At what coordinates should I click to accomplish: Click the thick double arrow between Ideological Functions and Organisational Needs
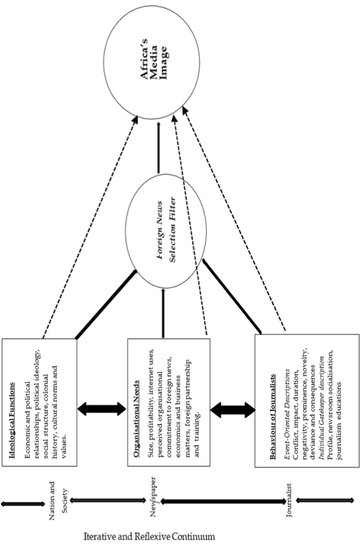coord(102,409)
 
